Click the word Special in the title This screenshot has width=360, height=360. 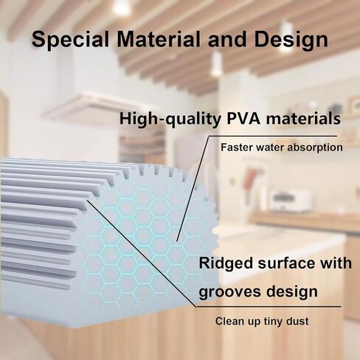70,40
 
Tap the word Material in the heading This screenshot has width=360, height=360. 159,39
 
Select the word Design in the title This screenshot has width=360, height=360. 291,40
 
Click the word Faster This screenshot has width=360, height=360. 237,148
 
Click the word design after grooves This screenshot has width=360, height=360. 292,291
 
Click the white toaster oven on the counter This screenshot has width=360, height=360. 290,201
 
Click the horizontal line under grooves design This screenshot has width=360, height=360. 269,307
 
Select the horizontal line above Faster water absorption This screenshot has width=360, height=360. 273,136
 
